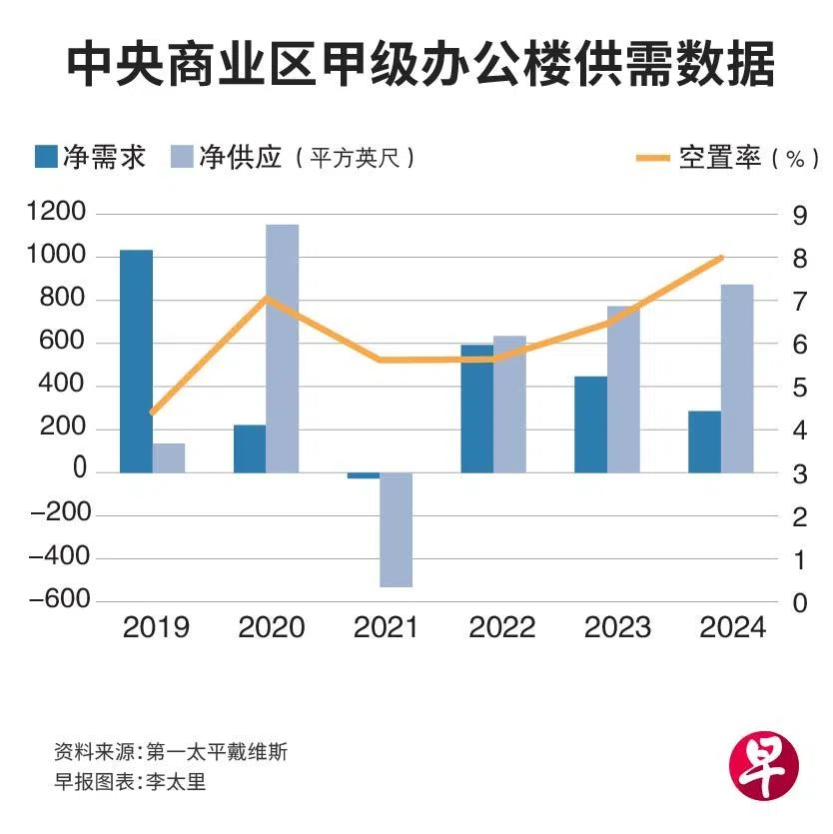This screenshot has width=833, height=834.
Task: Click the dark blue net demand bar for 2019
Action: click(x=136, y=361)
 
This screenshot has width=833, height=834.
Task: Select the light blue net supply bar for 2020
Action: click(x=282, y=348)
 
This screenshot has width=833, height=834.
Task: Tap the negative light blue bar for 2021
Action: click(x=396, y=529)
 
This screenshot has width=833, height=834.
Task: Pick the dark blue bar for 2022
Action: click(x=476, y=409)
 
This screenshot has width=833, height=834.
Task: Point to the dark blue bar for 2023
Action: click(x=590, y=423)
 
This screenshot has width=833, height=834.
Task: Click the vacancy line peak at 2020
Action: click(x=265, y=298)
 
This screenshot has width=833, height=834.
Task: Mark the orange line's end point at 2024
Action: click(x=721, y=258)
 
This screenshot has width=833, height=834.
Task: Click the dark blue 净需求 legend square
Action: click(x=45, y=157)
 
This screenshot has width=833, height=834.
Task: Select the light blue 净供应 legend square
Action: click(x=183, y=157)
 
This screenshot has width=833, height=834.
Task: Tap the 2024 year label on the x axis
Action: click(x=733, y=628)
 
